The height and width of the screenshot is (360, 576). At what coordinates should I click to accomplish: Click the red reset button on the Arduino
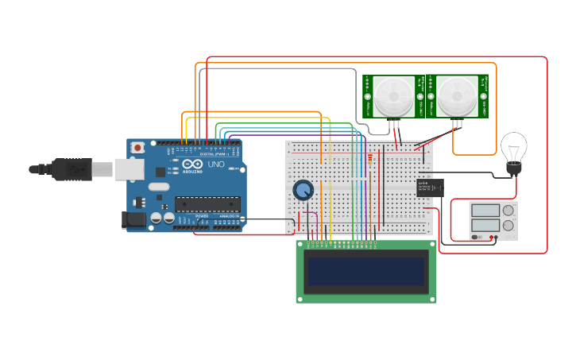[137, 147]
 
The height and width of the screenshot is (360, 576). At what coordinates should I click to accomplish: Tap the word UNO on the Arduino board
[215, 165]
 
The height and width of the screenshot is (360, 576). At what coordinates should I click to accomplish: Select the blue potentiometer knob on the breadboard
[303, 190]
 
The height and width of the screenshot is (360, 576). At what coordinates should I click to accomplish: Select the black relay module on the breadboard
[430, 188]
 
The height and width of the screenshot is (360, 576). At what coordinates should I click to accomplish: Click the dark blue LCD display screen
[366, 271]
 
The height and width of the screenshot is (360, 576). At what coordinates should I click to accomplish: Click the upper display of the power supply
[485, 211]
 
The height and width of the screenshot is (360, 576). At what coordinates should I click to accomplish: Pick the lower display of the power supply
[485, 226]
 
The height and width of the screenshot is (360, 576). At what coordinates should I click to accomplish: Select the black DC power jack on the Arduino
[134, 220]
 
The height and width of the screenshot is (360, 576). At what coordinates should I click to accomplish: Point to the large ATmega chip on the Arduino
[207, 205]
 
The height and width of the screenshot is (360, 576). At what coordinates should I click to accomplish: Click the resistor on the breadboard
[370, 160]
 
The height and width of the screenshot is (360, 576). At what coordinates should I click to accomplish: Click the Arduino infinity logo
[192, 165]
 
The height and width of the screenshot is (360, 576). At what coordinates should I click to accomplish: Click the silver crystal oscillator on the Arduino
[158, 188]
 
